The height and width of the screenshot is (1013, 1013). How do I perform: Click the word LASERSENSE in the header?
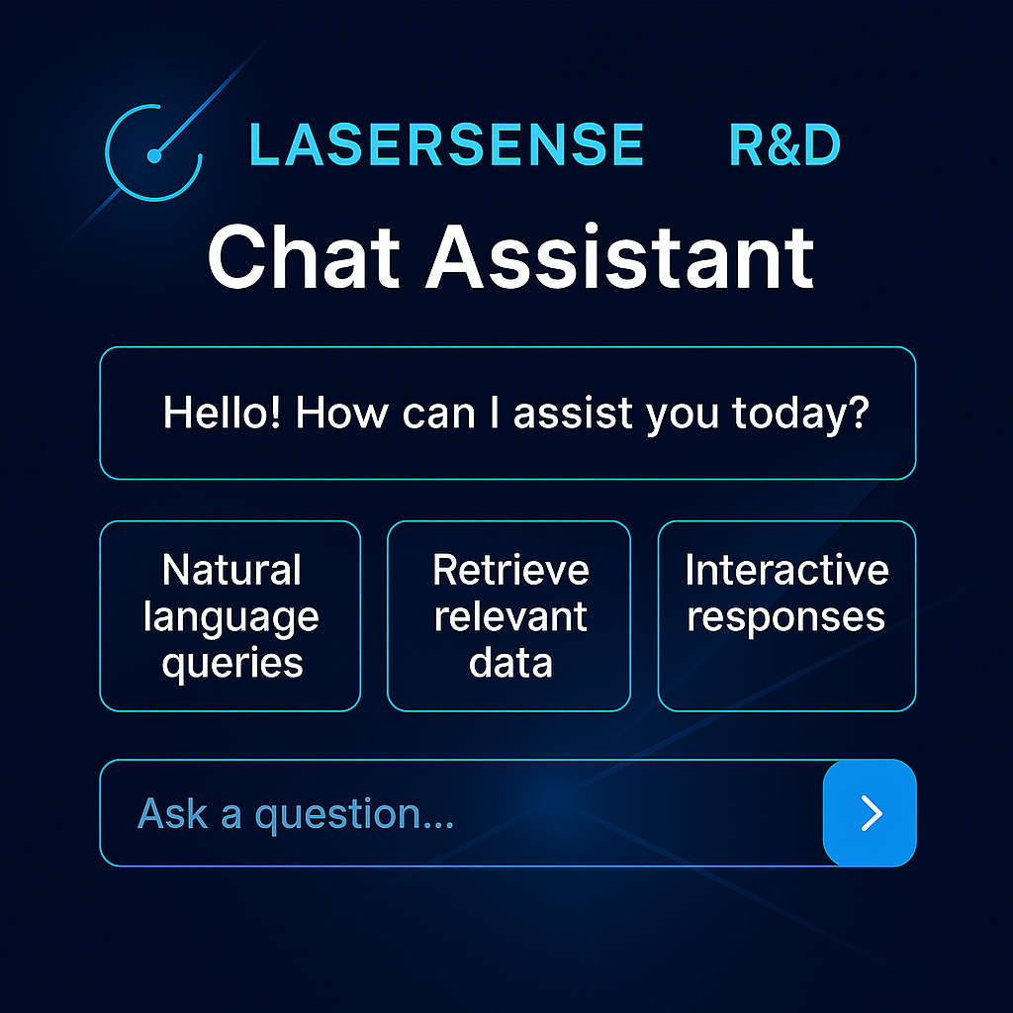click(x=446, y=145)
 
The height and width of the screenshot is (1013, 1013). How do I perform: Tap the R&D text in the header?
click(x=784, y=145)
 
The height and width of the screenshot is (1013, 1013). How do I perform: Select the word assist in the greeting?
click(x=574, y=412)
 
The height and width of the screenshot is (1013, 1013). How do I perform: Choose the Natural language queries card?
click(x=230, y=615)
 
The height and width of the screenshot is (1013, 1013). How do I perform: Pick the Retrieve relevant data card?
click(x=508, y=615)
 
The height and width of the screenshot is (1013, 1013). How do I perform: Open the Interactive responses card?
click(x=786, y=615)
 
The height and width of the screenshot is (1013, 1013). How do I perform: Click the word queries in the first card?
click(x=231, y=663)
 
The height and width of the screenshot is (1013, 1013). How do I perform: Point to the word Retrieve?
click(x=510, y=570)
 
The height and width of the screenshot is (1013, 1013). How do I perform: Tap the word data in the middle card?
click(x=510, y=662)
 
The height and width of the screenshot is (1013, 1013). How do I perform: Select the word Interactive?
click(x=786, y=570)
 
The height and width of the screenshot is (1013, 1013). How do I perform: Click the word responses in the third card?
click(x=786, y=616)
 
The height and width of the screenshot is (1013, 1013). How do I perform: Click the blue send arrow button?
click(x=871, y=812)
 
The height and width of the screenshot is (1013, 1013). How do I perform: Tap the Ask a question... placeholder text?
click(x=296, y=813)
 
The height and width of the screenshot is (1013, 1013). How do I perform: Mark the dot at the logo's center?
click(x=153, y=155)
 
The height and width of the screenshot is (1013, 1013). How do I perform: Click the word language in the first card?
click(x=231, y=617)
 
